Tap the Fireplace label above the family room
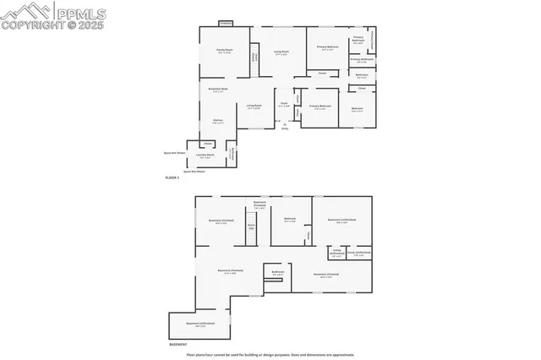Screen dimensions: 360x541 (x=226, y=24)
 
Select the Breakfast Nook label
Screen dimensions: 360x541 (x=217, y=90)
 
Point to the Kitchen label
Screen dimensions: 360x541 (x=217, y=122)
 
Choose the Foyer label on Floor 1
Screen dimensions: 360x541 (x=284, y=106)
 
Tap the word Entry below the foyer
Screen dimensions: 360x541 (x=285, y=128)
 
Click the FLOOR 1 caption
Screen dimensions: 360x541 (x=172, y=178)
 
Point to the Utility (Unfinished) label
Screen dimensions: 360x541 (x=336, y=252)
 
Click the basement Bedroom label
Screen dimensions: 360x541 (x=290, y=220)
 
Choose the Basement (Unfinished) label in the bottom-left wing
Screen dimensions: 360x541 (x=199, y=325)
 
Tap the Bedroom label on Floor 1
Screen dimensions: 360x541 (x=357, y=109)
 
